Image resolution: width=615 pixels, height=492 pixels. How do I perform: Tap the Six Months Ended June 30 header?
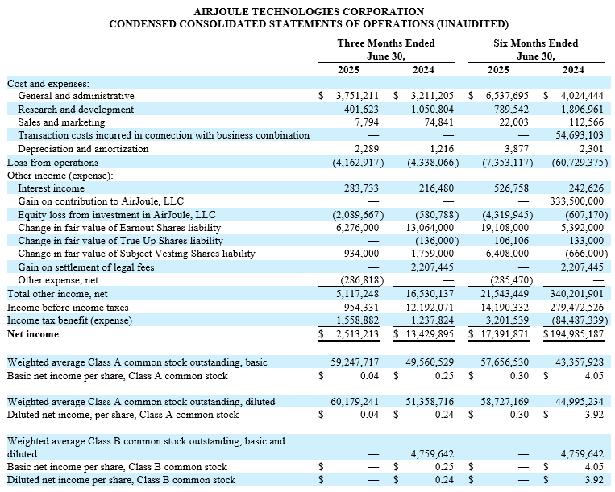pos(535,49)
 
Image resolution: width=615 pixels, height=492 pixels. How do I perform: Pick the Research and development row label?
pos(76,110)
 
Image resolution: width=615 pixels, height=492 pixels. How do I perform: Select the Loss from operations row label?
pos(52,162)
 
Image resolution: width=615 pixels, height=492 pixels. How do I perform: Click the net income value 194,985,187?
pos(572,333)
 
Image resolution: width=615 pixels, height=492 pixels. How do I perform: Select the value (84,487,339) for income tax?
pos(573,320)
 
